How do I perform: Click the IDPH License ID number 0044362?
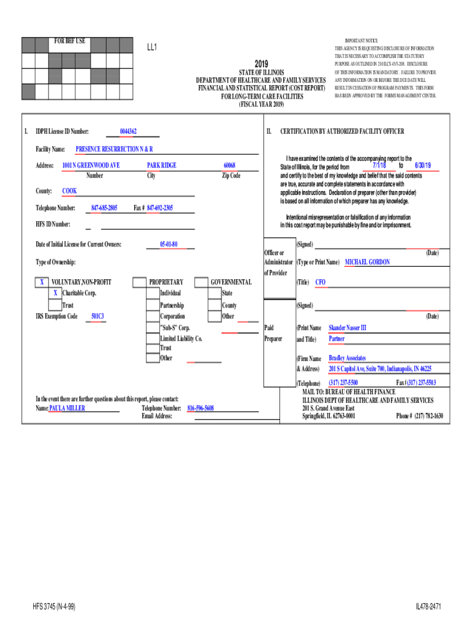click(128, 131)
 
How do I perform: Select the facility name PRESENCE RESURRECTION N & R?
click(114, 149)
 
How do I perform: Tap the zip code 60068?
click(230, 165)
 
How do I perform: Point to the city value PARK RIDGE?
click(161, 165)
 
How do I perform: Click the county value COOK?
click(70, 191)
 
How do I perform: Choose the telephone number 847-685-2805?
click(104, 208)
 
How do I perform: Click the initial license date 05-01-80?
click(169, 245)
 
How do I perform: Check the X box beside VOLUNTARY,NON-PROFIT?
click(41, 282)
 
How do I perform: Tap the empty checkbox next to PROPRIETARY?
click(139, 282)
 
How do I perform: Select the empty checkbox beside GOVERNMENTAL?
click(201, 282)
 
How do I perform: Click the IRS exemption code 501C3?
click(97, 317)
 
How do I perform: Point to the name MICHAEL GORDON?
click(367, 262)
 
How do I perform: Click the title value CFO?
click(320, 282)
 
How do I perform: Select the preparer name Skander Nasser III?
click(347, 328)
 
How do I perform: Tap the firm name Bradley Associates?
click(347, 358)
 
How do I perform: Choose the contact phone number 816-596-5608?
click(200, 408)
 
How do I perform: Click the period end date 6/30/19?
click(423, 166)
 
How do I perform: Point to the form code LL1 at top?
click(152, 47)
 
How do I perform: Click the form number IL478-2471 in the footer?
click(429, 607)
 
